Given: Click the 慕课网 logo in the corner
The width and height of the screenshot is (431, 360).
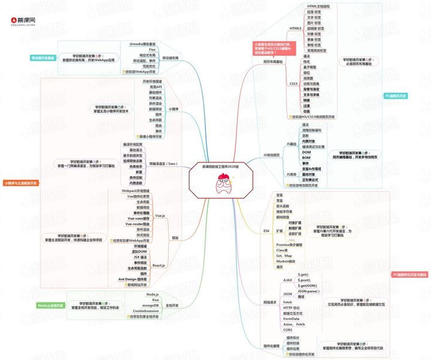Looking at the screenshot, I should pos(21,9).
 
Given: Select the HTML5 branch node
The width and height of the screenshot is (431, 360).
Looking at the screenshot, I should pos(295,29).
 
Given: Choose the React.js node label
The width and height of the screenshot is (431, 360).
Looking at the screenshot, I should pos(158,265).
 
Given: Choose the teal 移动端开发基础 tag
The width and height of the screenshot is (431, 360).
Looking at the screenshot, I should pos(42,57).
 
